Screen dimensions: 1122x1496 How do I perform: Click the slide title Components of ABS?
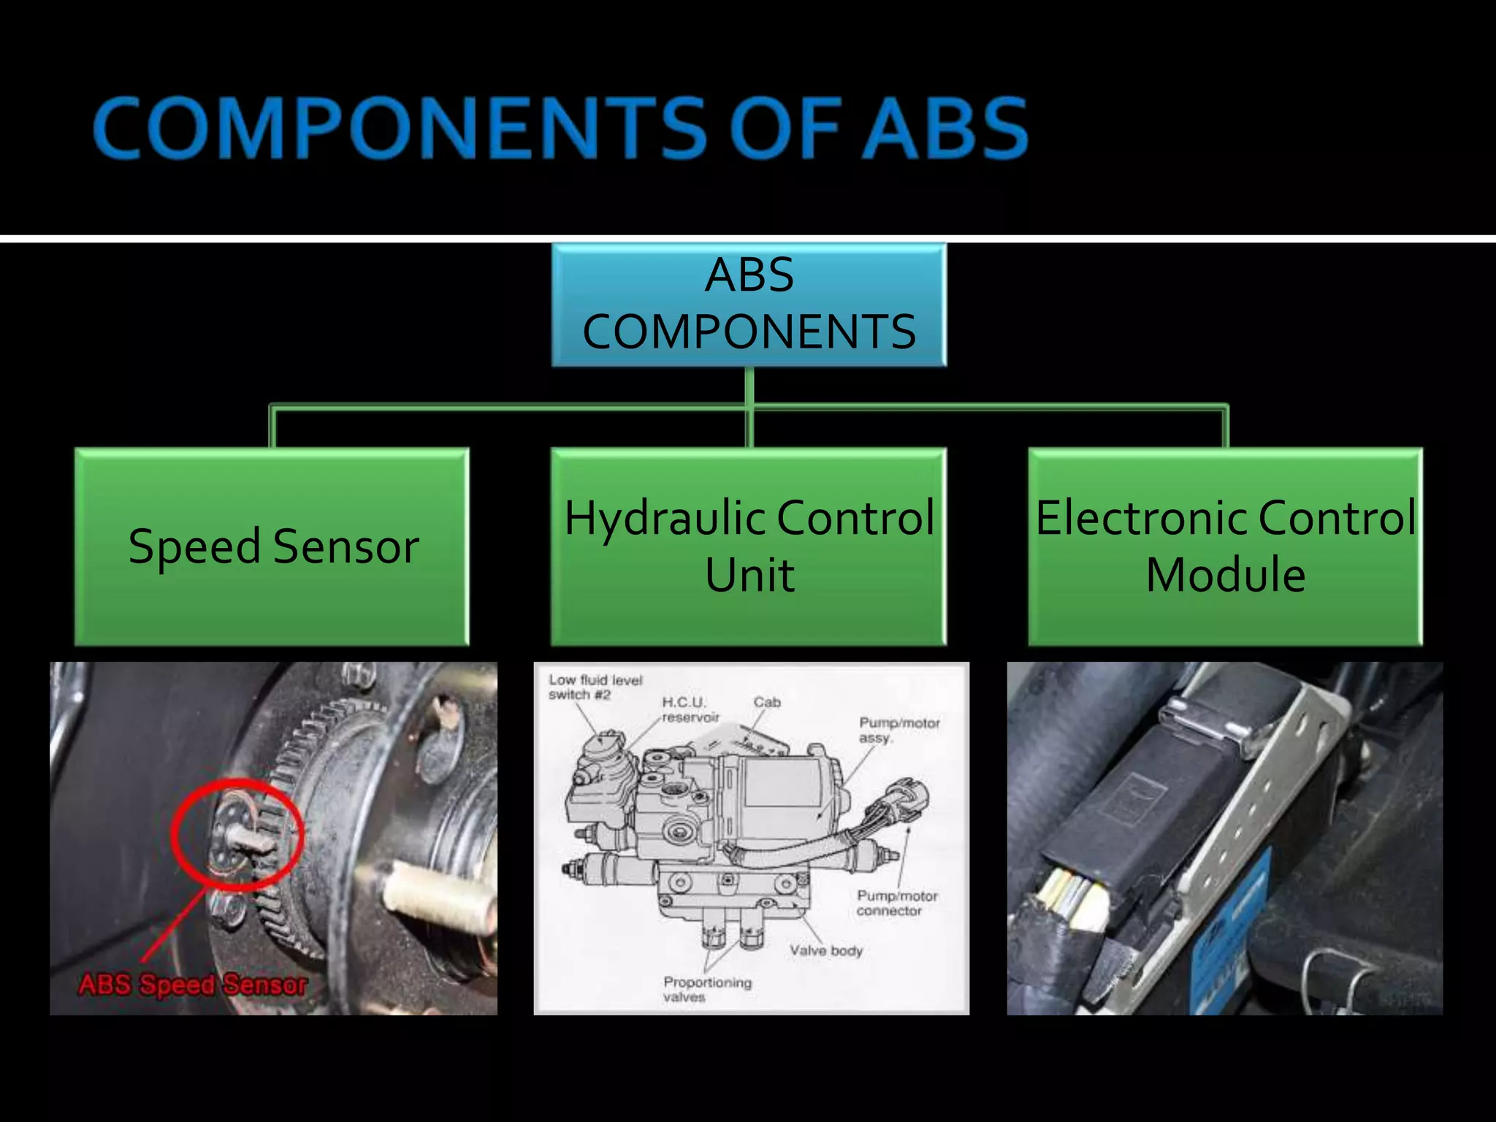click(560, 129)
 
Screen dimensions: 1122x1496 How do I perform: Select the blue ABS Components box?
click(749, 305)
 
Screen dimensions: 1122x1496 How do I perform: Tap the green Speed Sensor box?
click(272, 546)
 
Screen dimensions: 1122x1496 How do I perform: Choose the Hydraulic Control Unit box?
click(749, 546)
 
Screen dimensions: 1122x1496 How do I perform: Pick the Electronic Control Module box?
click(1225, 546)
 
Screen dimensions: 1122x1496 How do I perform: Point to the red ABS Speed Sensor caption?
click(193, 985)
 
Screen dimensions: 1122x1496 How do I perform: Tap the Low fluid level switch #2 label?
click(595, 687)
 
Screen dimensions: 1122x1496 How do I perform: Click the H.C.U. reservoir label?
click(690, 709)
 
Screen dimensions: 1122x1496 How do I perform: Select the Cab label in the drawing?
click(767, 702)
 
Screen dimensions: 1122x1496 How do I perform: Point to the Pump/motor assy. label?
click(898, 730)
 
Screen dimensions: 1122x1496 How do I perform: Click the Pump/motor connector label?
click(896, 903)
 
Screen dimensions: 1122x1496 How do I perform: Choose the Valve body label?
click(825, 950)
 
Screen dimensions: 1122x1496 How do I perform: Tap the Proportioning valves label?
click(706, 989)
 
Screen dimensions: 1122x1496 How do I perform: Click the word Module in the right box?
click(1225, 575)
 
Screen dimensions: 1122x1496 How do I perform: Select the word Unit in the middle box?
click(749, 575)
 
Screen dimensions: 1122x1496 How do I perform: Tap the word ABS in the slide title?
click(947, 129)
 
